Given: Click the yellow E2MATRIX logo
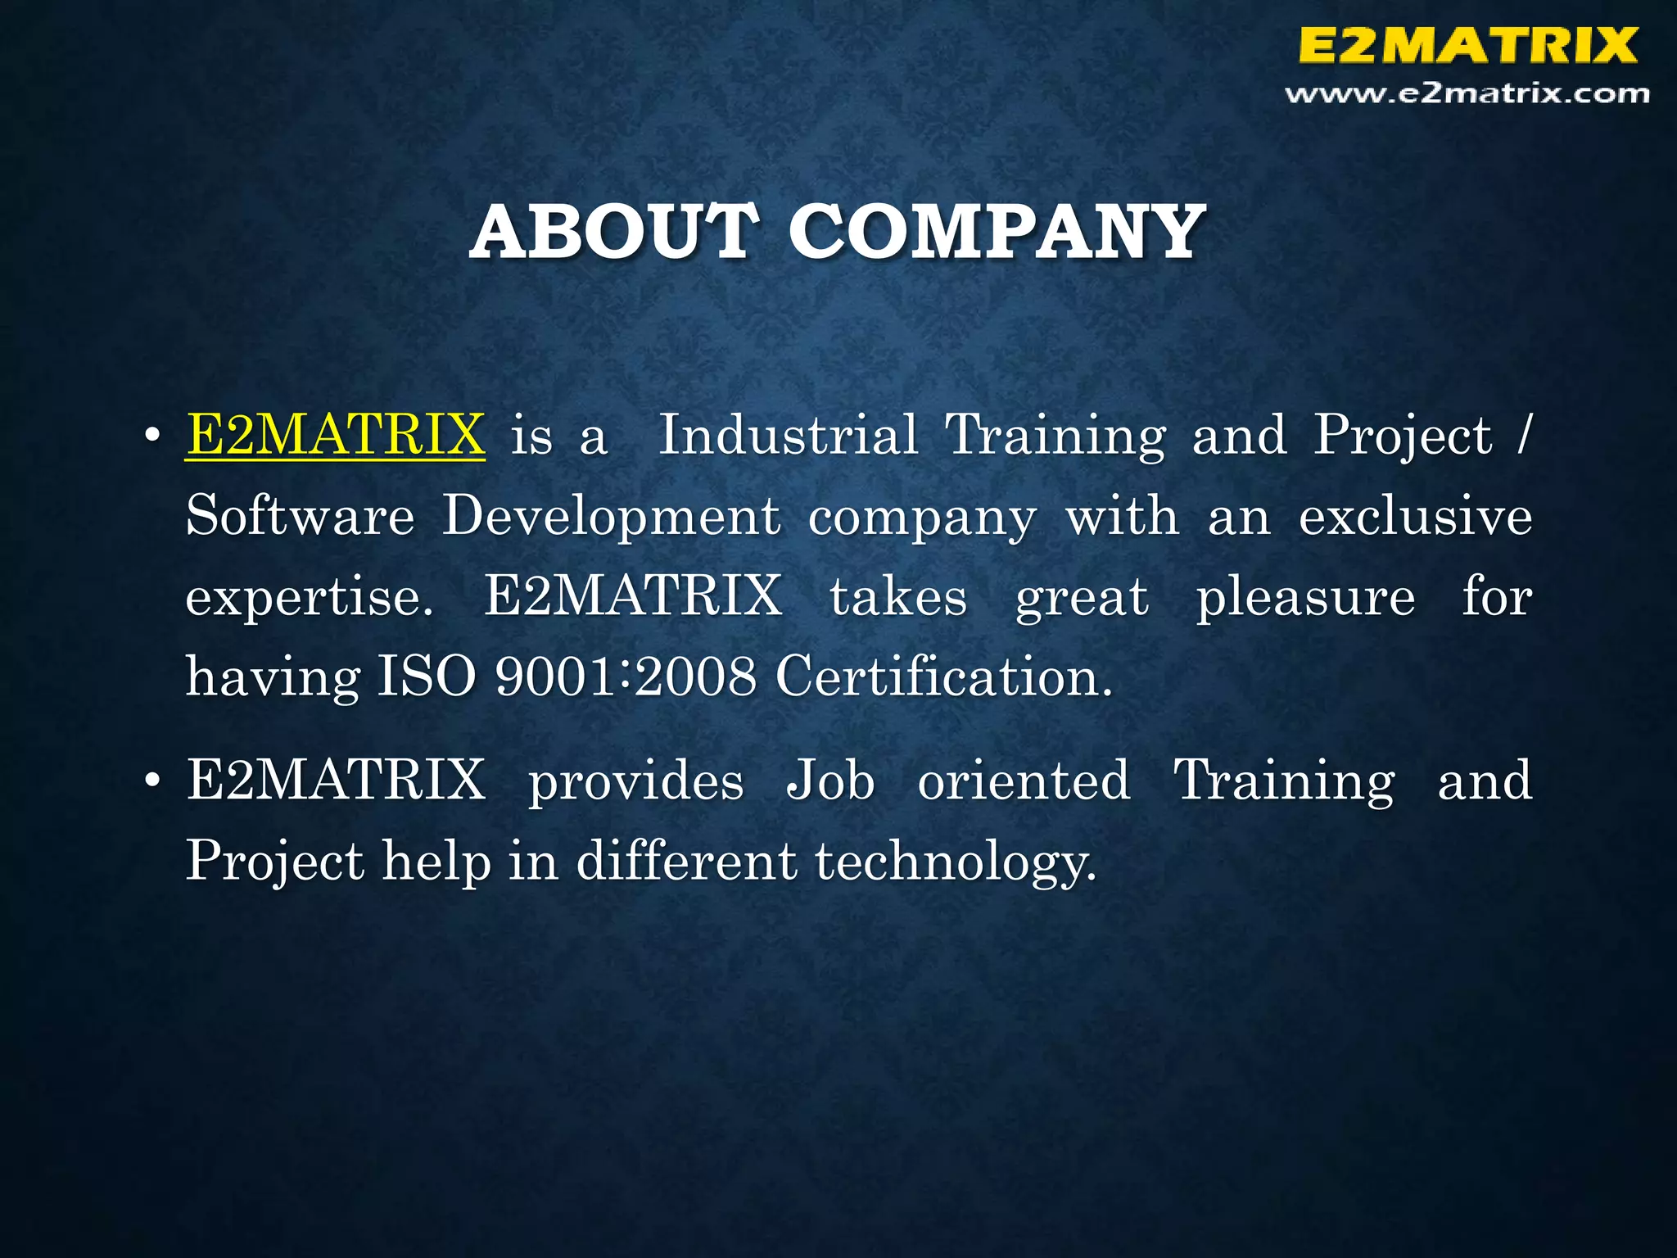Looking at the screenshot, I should click(1467, 45).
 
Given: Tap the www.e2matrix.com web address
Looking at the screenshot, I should click(1467, 94).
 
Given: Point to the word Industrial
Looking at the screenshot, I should click(789, 435).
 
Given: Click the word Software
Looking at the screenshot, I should click(300, 516).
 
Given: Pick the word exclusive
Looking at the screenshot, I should click(1416, 516).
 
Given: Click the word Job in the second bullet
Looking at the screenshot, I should click(830, 780).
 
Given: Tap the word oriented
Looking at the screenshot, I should click(1024, 780).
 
